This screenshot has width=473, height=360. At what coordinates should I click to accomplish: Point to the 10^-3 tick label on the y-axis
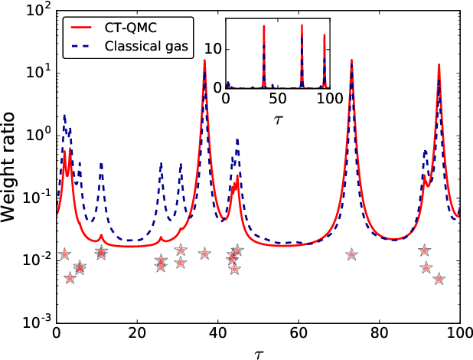pyautogui.click(x=34, y=322)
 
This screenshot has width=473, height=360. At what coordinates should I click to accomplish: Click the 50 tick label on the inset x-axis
pyautogui.click(x=277, y=100)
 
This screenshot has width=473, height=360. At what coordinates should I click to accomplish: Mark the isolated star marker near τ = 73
pyautogui.click(x=351, y=254)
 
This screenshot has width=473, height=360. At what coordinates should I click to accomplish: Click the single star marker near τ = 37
pyautogui.click(x=204, y=254)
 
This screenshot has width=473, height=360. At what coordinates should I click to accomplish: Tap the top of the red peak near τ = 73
pyautogui.click(x=351, y=60)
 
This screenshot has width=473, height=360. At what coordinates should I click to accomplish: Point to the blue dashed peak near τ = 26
pyautogui.click(x=161, y=163)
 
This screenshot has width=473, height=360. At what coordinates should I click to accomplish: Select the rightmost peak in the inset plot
pyautogui.click(x=325, y=35)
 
